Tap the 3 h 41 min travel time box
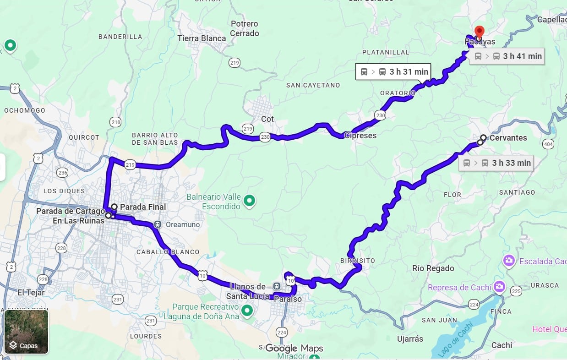tap(507, 56)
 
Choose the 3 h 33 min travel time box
tap(496, 163)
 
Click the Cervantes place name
tap(508, 137)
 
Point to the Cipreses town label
tap(360, 136)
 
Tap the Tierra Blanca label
tap(202, 38)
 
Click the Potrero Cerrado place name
tap(245, 28)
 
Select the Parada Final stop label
tap(143, 207)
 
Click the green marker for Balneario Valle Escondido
tap(249, 200)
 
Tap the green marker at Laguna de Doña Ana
tap(247, 311)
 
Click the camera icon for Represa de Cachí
tap(499, 287)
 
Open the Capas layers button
tap(26, 332)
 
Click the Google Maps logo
tap(294, 348)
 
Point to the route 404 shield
tap(548, 144)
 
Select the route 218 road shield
tap(115, 122)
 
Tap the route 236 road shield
tap(62, 172)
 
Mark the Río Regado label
tap(433, 268)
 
